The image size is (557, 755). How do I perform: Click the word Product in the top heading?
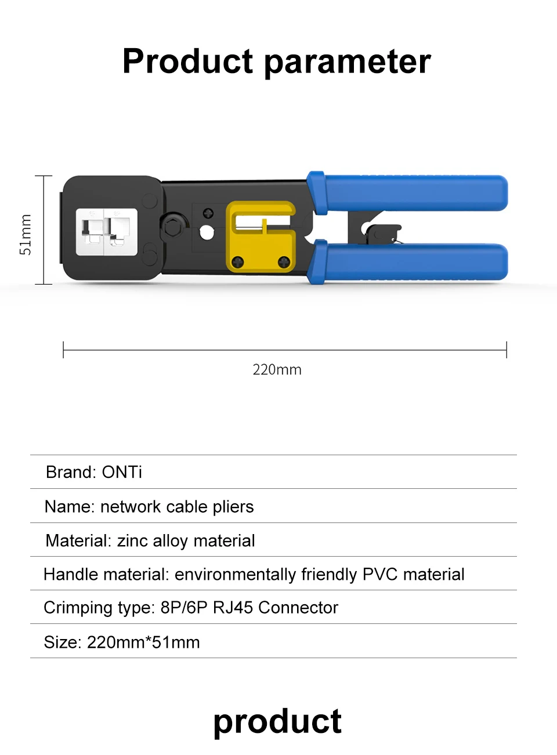click(188, 61)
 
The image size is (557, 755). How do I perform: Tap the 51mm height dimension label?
click(26, 234)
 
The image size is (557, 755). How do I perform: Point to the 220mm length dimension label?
click(277, 370)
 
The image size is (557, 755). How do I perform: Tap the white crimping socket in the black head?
click(107, 232)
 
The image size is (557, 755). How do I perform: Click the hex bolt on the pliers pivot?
click(172, 226)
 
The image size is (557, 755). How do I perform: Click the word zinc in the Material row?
click(132, 541)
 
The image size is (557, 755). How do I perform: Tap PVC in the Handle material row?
click(379, 575)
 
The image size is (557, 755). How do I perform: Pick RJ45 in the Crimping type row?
click(233, 608)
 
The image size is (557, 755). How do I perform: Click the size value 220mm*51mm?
click(143, 643)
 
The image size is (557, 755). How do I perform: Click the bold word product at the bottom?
click(277, 722)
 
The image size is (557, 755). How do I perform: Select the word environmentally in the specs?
click(235, 575)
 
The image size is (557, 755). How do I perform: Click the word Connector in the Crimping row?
click(298, 608)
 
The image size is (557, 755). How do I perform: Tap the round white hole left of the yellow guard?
click(207, 233)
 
